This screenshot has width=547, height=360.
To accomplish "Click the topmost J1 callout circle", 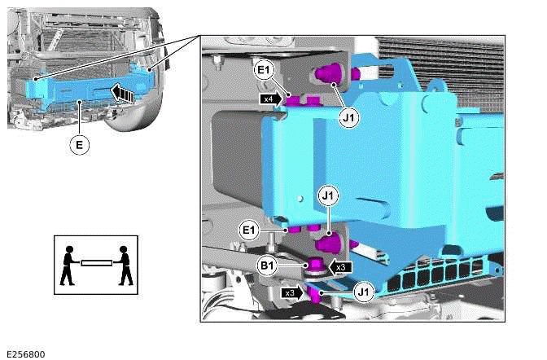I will [x=348, y=118].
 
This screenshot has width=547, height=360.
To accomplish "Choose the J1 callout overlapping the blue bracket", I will [x=329, y=197].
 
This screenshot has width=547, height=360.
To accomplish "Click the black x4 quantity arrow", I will [x=271, y=99].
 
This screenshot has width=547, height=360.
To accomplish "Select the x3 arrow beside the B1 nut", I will [x=340, y=266].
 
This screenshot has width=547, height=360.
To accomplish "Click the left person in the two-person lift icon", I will [x=69, y=265].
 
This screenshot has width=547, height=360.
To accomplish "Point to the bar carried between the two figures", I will [x=96, y=262].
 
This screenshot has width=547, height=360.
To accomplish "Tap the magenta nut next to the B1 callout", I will [x=313, y=265].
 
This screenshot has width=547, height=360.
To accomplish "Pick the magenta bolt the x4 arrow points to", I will [x=292, y=100].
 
